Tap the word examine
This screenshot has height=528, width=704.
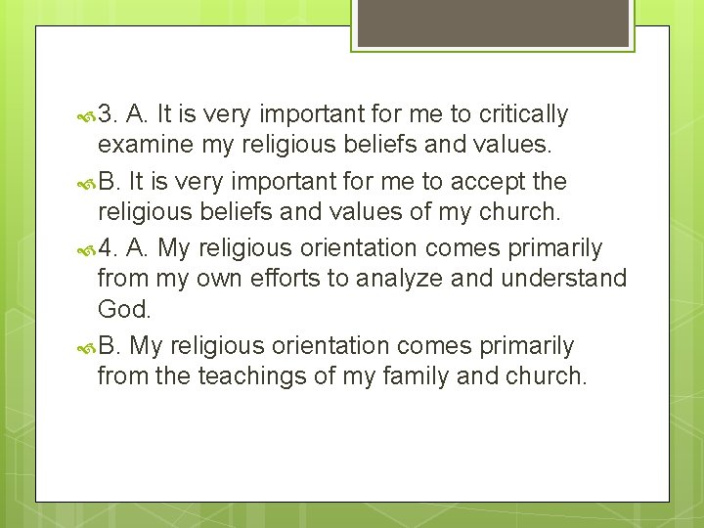coord(136,147)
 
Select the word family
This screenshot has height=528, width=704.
coord(421,377)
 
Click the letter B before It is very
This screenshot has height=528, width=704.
coord(109,182)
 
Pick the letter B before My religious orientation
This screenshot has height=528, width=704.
coord(109,346)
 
